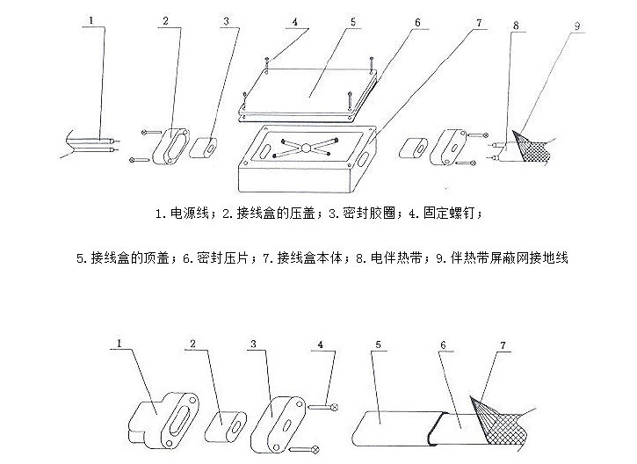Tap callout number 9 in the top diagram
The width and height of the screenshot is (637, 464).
[x=576, y=26]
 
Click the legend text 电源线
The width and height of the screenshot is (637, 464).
[x=187, y=214]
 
